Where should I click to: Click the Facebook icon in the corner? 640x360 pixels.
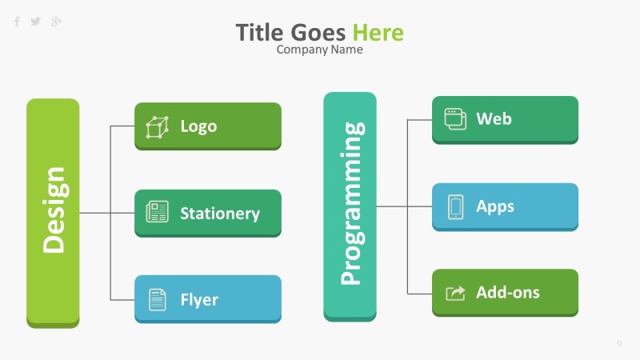tap(17, 22)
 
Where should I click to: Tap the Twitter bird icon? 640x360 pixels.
tap(36, 22)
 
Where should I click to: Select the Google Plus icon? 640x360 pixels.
tap(57, 22)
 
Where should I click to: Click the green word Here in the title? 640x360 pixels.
tap(378, 33)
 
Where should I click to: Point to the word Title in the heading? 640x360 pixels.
tap(259, 33)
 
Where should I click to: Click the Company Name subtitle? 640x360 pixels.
tap(319, 50)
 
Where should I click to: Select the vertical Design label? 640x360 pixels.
tap(54, 210)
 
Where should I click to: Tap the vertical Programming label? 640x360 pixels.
tap(351, 203)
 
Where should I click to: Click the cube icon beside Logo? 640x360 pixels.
tap(157, 127)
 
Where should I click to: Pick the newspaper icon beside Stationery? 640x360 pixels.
tap(157, 211)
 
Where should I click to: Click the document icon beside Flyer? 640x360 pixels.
tap(158, 299)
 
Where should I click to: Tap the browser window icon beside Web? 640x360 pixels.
tap(455, 119)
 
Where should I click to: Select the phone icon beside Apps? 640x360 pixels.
tap(455, 207)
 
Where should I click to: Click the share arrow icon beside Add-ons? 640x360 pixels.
tap(455, 293)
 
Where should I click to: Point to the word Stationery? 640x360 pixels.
tap(220, 214)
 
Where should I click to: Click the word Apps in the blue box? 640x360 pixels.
tap(495, 206)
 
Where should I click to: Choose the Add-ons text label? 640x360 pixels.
tap(508, 292)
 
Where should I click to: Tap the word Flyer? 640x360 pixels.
tap(199, 300)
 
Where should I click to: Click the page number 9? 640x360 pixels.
tap(619, 344)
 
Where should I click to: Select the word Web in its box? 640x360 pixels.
tap(494, 118)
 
